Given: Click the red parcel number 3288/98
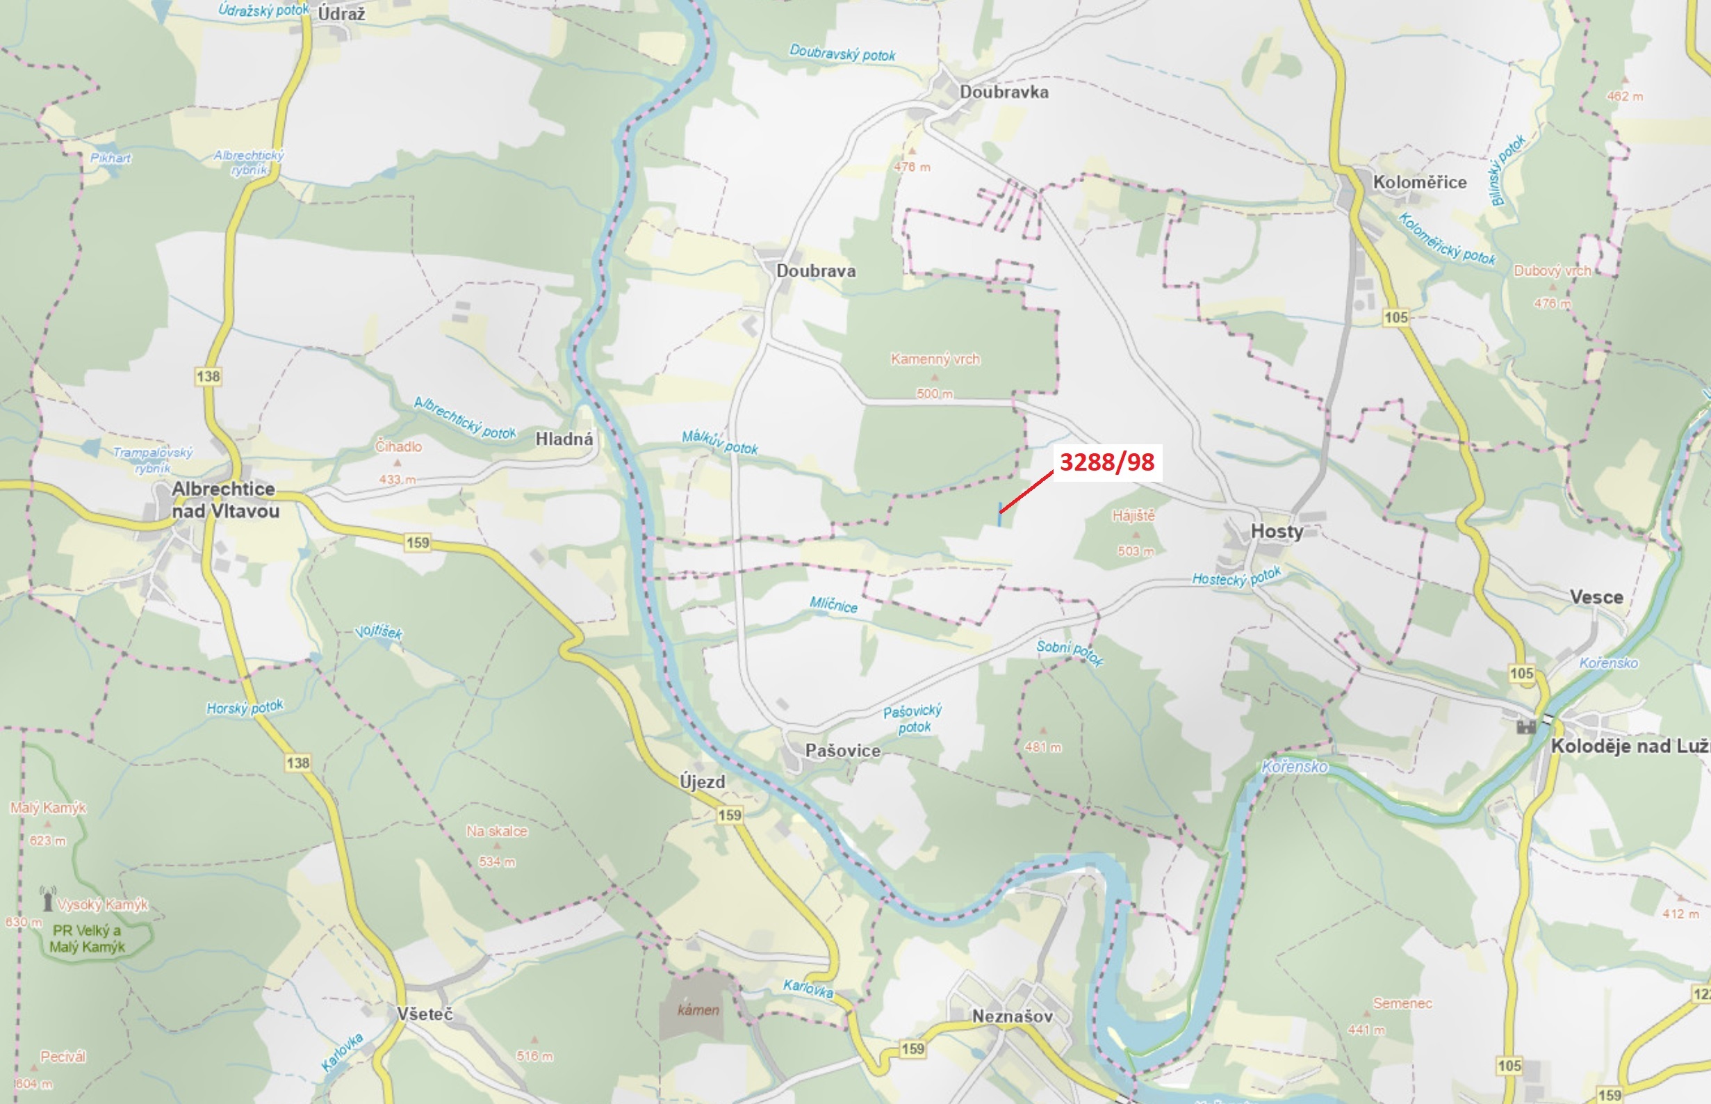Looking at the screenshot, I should pyautogui.click(x=1106, y=462).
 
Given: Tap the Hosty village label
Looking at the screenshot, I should pyautogui.click(x=1276, y=531).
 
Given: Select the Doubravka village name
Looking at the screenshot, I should pyautogui.click(x=1004, y=92).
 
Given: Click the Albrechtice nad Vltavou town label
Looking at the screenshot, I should pyautogui.click(x=224, y=500).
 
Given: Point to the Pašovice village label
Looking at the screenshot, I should pyautogui.click(x=842, y=751).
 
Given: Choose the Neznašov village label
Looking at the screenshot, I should pyautogui.click(x=1012, y=1016).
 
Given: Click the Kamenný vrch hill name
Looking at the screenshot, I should pyautogui.click(x=935, y=359).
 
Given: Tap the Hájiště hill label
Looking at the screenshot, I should pyautogui.click(x=1133, y=515).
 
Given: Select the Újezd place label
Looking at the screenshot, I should pyautogui.click(x=702, y=781).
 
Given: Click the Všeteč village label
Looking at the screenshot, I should pyautogui.click(x=425, y=1014).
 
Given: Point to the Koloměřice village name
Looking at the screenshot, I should pyautogui.click(x=1419, y=182).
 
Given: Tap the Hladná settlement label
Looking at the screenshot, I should pyautogui.click(x=564, y=439).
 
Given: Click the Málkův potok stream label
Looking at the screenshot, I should pyautogui.click(x=719, y=442).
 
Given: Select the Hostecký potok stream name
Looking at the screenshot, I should pyautogui.click(x=1236, y=577).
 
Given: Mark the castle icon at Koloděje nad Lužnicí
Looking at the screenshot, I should pyautogui.click(x=1526, y=726).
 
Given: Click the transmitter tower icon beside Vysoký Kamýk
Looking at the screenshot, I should pyautogui.click(x=48, y=899).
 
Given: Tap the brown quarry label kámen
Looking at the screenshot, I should pyautogui.click(x=698, y=1010).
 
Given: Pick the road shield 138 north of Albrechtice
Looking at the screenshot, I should pyautogui.click(x=208, y=376).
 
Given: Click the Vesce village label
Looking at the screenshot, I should pyautogui.click(x=1596, y=597).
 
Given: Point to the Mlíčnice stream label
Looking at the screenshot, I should pyautogui.click(x=833, y=604).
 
